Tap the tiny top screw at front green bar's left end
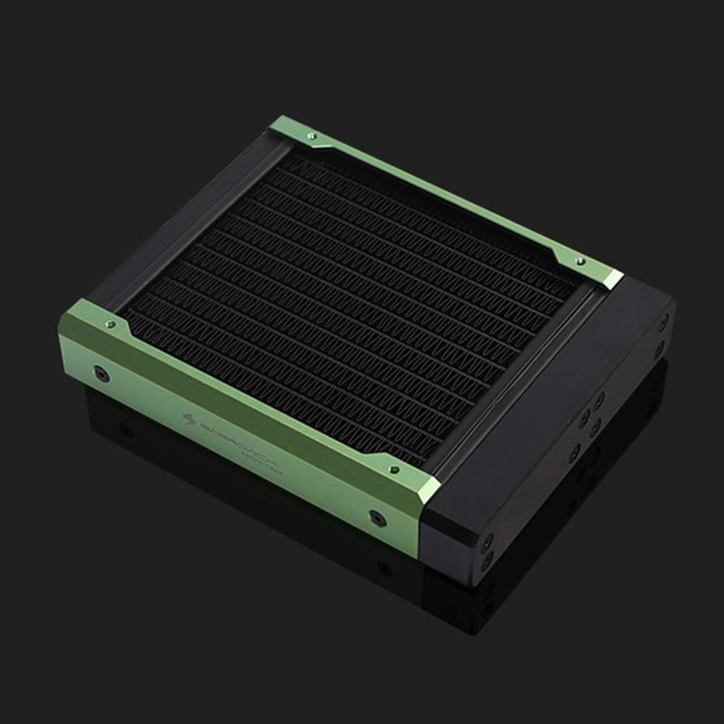pos(110,324)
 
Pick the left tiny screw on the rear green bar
pos(311,135)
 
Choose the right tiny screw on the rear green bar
pos(578,260)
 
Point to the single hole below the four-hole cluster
pos(575,454)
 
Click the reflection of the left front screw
pos(127,430)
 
